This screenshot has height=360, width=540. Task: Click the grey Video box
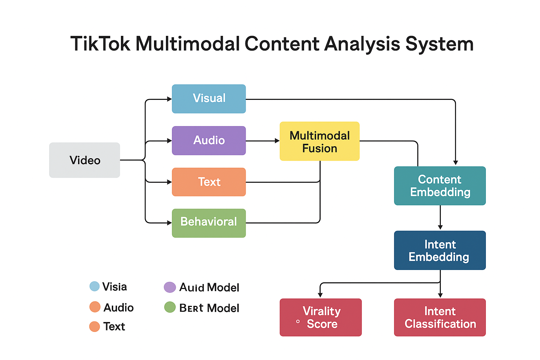[x=84, y=160]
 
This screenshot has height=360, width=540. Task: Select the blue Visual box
[x=209, y=99]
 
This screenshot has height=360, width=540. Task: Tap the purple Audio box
[x=209, y=141]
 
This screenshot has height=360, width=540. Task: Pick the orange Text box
[x=209, y=182]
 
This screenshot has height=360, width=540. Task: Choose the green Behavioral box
[x=209, y=223]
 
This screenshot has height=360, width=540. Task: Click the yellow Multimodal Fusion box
[x=320, y=141]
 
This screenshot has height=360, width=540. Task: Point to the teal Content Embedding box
[x=440, y=186]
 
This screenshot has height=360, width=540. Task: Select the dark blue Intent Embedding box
[x=440, y=250]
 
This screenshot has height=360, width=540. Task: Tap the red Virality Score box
[x=321, y=317]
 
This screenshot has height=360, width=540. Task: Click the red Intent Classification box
[x=440, y=317]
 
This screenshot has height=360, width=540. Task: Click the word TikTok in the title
[x=100, y=44]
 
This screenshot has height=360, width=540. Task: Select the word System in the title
[x=439, y=44]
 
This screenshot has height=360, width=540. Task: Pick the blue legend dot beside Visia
[x=95, y=286]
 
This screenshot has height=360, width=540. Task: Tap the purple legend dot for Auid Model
[x=170, y=287]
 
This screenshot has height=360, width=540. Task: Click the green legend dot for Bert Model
[x=170, y=307]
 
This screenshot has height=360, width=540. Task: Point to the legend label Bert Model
[x=209, y=308]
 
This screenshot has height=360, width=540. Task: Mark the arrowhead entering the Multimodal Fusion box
[x=277, y=141]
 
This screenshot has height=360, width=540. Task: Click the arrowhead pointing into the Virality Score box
[x=320, y=295]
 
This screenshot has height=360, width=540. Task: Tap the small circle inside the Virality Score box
[x=298, y=321]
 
